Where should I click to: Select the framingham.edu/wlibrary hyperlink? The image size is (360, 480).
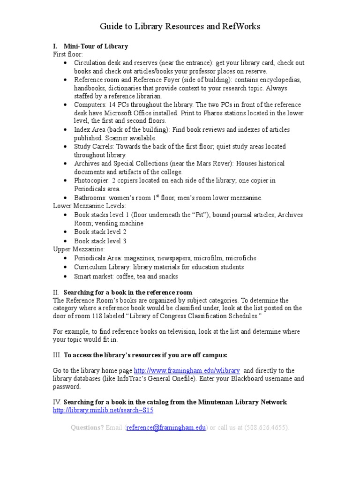pos(187,370)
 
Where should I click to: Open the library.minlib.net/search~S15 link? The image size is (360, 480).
pos(103,410)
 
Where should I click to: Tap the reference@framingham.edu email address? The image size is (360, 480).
pos(166,427)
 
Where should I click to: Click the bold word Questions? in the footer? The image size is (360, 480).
pos(87,427)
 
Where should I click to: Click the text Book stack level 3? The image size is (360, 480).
pos(100,241)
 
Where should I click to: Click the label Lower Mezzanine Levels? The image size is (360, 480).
pos(89,206)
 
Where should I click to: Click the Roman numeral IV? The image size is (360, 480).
pos(57,402)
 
